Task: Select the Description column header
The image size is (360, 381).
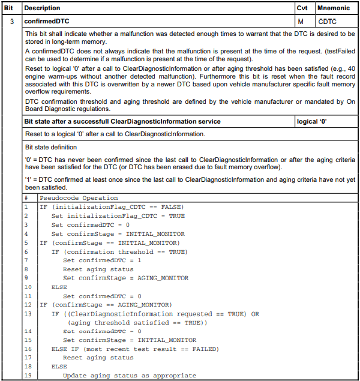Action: (43, 8)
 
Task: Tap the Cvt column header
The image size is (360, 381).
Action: (302, 8)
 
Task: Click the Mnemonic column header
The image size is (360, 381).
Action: (334, 8)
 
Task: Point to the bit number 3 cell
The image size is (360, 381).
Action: (12, 22)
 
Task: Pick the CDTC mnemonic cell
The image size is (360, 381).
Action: (328, 22)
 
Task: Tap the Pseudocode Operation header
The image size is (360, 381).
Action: (79, 198)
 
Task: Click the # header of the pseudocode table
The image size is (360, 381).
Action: (26, 198)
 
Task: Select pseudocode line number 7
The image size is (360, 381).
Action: (26, 260)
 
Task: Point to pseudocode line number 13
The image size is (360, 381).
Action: (27, 314)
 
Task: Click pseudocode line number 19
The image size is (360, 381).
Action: (27, 376)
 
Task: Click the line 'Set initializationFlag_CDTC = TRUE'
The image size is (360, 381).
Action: (118, 216)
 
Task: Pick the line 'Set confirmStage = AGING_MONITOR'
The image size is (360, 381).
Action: (125, 278)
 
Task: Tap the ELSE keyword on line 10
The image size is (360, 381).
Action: (59, 287)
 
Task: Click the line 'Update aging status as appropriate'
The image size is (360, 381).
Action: (129, 376)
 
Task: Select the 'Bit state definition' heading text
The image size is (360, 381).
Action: (50, 146)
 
